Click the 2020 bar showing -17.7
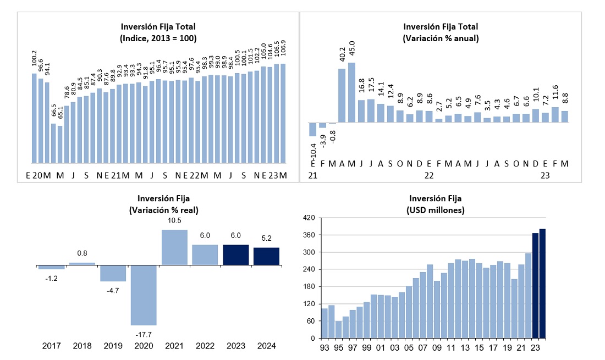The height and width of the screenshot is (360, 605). [x=144, y=295]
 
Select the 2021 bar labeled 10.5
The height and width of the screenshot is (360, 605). [x=174, y=247]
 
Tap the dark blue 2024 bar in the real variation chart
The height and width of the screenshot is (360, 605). [x=266, y=256]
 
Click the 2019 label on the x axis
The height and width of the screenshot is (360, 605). [x=113, y=346]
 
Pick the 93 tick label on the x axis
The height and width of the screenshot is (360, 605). [x=324, y=347]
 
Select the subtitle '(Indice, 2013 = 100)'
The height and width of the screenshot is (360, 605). [x=158, y=38]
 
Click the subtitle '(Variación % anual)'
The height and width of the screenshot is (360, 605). [x=441, y=38]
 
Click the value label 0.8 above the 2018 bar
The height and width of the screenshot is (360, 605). [x=82, y=253]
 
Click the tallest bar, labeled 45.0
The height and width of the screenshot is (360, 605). [x=352, y=92]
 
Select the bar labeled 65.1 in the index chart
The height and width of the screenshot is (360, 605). [x=60, y=145]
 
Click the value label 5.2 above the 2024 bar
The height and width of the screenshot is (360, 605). [x=266, y=239]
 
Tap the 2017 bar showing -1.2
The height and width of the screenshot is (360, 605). [x=51, y=268]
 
